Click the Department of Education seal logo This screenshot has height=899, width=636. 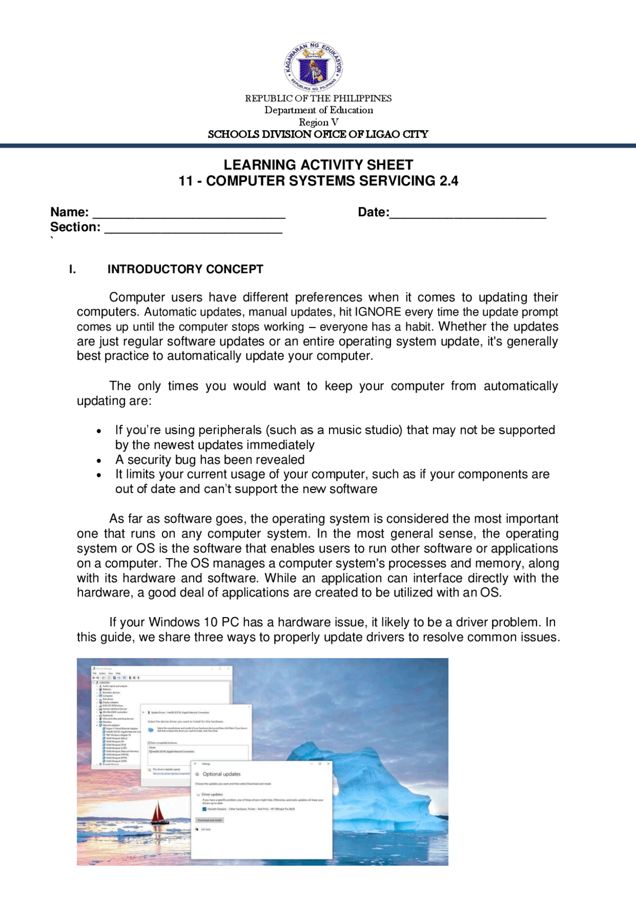tap(314, 67)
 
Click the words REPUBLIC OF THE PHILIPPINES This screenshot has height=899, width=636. tap(318, 98)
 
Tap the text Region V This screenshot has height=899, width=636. tap(318, 122)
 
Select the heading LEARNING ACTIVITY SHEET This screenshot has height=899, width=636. tap(318, 164)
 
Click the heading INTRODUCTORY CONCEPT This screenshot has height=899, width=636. tap(185, 269)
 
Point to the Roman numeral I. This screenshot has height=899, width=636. tap(73, 269)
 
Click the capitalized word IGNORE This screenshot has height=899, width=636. tap(378, 312)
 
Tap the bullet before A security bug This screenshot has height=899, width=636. tap(99, 461)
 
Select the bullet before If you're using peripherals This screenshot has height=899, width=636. tap(99, 431)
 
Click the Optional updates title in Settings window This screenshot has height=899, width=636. tap(221, 774)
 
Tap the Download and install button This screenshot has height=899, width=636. tap(210, 820)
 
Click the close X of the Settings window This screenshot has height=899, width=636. tap(328, 763)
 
